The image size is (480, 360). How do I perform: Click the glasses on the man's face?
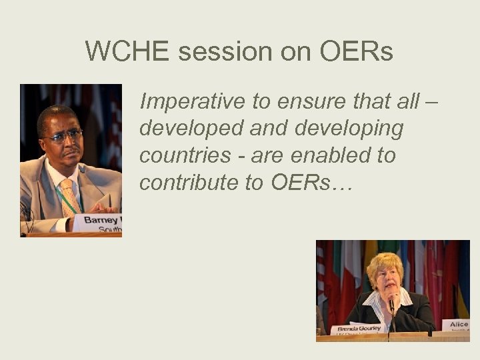click(61, 135)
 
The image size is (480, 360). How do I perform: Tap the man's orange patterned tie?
click(69, 194)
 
